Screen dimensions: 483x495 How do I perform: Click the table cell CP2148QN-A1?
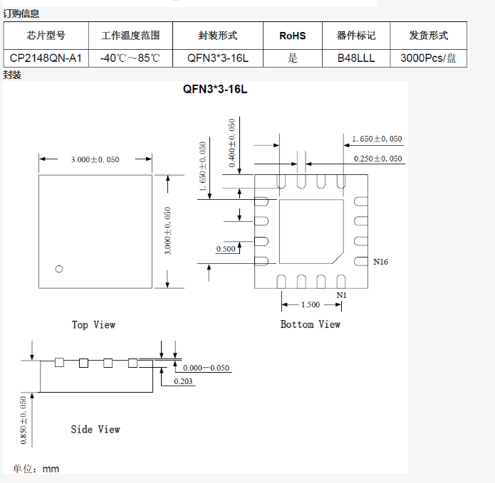coord(46,58)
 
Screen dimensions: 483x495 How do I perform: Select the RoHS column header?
coord(292,35)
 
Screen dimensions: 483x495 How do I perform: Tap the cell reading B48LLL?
coord(356,58)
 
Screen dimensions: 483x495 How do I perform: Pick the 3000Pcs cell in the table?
coord(428,58)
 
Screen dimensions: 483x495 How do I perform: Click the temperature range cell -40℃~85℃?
coord(130,58)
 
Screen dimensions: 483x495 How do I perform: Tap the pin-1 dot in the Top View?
coord(59,268)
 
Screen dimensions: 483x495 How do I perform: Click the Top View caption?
coord(93,324)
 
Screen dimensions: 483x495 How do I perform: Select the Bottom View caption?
coord(311,324)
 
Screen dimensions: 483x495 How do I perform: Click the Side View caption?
coord(95,429)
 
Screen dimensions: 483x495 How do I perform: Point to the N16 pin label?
coord(381,262)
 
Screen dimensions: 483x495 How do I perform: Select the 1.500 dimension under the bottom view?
coord(311,304)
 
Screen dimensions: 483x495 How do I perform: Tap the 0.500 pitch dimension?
coord(226,249)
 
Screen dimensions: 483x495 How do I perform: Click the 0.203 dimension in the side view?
coord(184,381)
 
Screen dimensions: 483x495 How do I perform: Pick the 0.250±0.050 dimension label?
coord(377,159)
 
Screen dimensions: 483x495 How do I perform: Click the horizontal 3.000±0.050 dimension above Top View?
coord(95,159)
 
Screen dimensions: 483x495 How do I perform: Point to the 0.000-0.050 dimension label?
coord(207,368)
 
